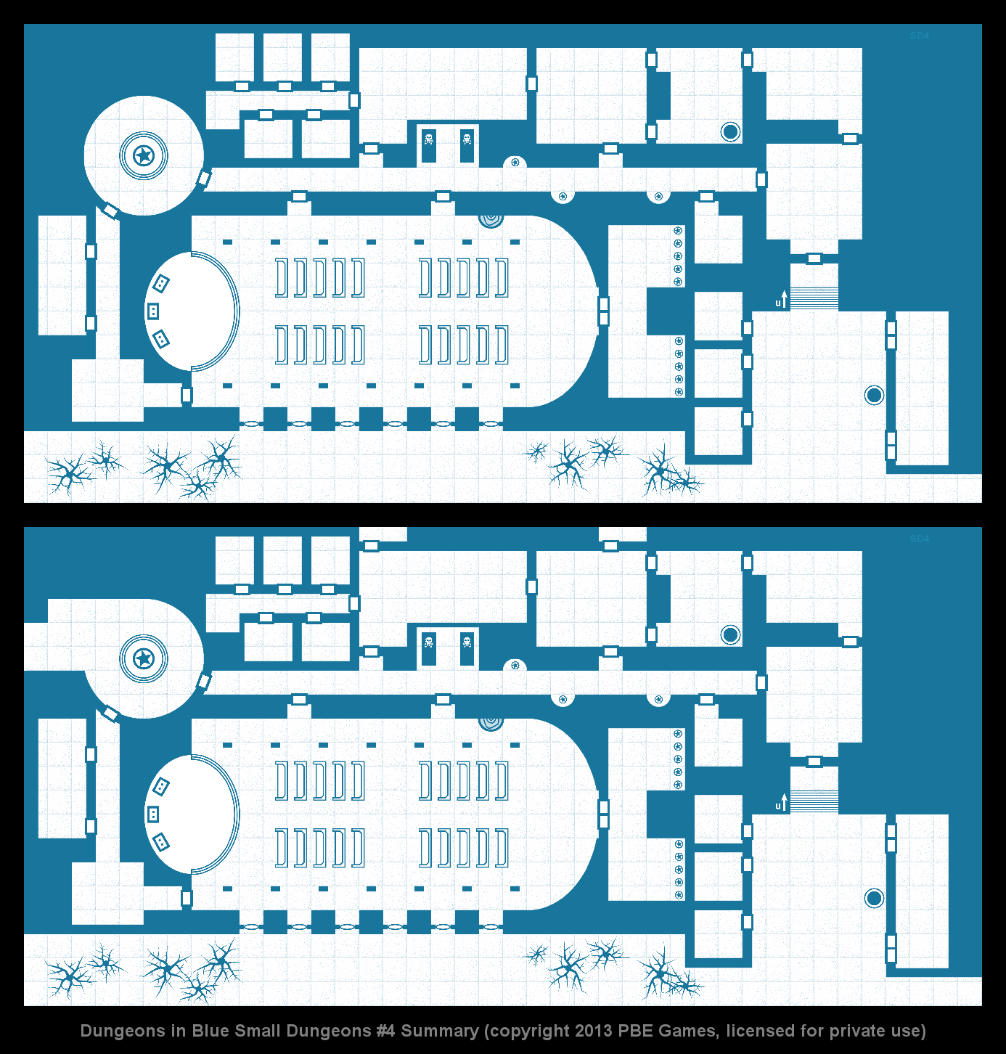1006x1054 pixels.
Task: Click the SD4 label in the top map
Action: tap(919, 36)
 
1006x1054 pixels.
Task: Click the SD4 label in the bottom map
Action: tap(919, 539)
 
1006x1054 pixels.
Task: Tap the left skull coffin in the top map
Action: tap(428, 145)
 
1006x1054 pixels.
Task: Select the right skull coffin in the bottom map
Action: tap(467, 648)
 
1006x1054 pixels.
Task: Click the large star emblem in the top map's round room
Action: tap(143, 156)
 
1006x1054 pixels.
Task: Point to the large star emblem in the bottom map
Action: tap(143, 659)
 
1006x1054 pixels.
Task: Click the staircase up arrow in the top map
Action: tap(784, 299)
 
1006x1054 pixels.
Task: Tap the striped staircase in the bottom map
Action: tap(814, 801)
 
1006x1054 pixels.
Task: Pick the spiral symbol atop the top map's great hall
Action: tap(491, 221)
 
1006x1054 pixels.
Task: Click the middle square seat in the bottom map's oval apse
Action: tap(153, 814)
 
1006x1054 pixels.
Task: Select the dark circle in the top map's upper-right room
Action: tap(730, 131)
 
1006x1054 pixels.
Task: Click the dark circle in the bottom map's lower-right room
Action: tap(874, 898)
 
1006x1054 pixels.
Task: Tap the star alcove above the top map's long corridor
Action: tap(515, 162)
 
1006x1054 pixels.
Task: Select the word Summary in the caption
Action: tap(440, 1031)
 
